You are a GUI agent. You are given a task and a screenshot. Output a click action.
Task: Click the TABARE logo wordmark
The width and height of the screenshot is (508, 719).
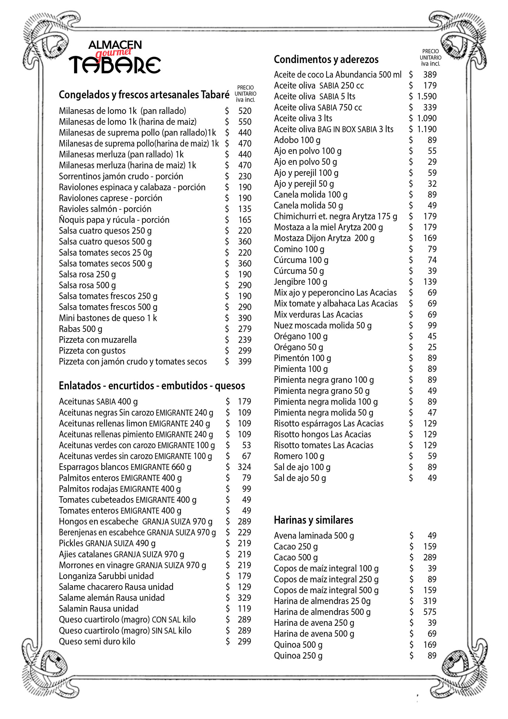pyautogui.click(x=114, y=64)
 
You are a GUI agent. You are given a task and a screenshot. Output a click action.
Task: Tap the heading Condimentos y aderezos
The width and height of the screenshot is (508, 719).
pyautogui.click(x=326, y=60)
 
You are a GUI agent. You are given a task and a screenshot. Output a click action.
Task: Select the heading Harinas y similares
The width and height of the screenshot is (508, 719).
pyautogui.click(x=313, y=520)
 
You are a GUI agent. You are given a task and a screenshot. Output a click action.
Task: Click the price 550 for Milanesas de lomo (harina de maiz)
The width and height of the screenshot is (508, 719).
pyautogui.click(x=245, y=122)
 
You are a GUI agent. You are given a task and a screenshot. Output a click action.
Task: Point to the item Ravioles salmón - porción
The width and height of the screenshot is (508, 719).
pyautogui.click(x=105, y=209)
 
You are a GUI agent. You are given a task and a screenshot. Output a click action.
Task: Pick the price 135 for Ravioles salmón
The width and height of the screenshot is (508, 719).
pyautogui.click(x=245, y=209)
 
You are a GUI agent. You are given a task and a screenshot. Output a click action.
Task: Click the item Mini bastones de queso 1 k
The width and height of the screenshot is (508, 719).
pyautogui.click(x=108, y=318)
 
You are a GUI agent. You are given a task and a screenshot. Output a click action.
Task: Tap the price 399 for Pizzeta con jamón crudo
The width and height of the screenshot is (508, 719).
pyautogui.click(x=245, y=362)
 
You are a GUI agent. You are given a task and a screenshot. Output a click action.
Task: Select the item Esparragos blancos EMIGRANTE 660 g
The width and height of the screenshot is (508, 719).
pyautogui.click(x=125, y=467)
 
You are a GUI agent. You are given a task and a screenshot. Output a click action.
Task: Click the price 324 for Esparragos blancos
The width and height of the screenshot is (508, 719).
pyautogui.click(x=244, y=467)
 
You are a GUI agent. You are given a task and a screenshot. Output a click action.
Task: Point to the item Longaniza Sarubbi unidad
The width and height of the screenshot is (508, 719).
pyautogui.click(x=106, y=576)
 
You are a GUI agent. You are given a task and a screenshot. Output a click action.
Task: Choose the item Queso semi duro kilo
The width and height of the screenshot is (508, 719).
pyautogui.click(x=97, y=641)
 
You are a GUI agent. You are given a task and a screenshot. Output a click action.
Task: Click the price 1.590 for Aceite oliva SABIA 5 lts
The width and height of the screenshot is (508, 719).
pyautogui.click(x=427, y=97)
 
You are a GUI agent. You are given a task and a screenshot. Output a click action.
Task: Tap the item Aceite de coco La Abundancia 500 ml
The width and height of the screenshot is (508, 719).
pyautogui.click(x=337, y=75)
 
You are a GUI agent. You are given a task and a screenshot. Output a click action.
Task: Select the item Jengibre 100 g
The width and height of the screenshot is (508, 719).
pyautogui.click(x=300, y=282)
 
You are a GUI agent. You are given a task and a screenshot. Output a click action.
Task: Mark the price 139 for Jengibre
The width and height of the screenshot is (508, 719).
pyautogui.click(x=430, y=282)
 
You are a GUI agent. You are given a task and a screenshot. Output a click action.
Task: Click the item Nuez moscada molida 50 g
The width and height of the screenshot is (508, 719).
pyautogui.click(x=322, y=325)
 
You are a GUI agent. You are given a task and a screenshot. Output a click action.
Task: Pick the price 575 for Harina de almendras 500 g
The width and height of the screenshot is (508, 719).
pyautogui.click(x=429, y=612)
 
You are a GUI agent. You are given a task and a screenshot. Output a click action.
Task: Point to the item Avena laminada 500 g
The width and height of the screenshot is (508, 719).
pyautogui.click(x=314, y=536)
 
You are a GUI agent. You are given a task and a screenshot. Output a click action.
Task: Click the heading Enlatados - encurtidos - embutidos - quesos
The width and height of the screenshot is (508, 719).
pyautogui.click(x=152, y=386)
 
